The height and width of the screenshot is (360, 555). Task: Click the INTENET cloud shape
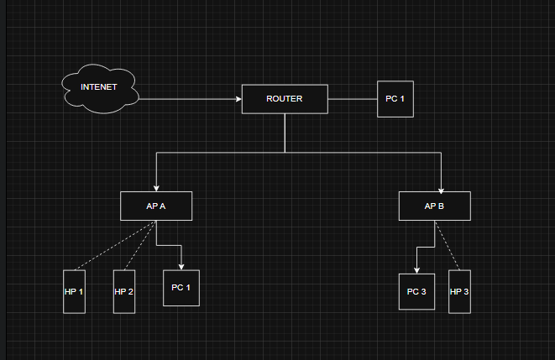click(99, 88)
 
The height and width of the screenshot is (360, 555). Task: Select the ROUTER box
click(284, 99)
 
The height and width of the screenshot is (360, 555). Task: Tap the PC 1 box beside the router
click(395, 99)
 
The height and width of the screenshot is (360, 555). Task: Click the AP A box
click(156, 206)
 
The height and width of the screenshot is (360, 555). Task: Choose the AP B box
click(434, 206)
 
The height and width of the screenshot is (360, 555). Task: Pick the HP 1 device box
click(74, 291)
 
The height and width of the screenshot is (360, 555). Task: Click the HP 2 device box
click(124, 291)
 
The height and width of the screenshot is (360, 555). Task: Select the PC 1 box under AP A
click(181, 288)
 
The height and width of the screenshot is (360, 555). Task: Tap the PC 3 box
click(416, 292)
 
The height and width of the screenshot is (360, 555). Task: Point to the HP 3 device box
click(459, 291)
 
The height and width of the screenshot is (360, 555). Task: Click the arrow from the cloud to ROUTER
click(189, 99)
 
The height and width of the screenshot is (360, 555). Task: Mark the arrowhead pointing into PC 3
click(416, 270)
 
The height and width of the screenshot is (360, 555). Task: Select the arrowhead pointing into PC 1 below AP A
click(181, 266)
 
